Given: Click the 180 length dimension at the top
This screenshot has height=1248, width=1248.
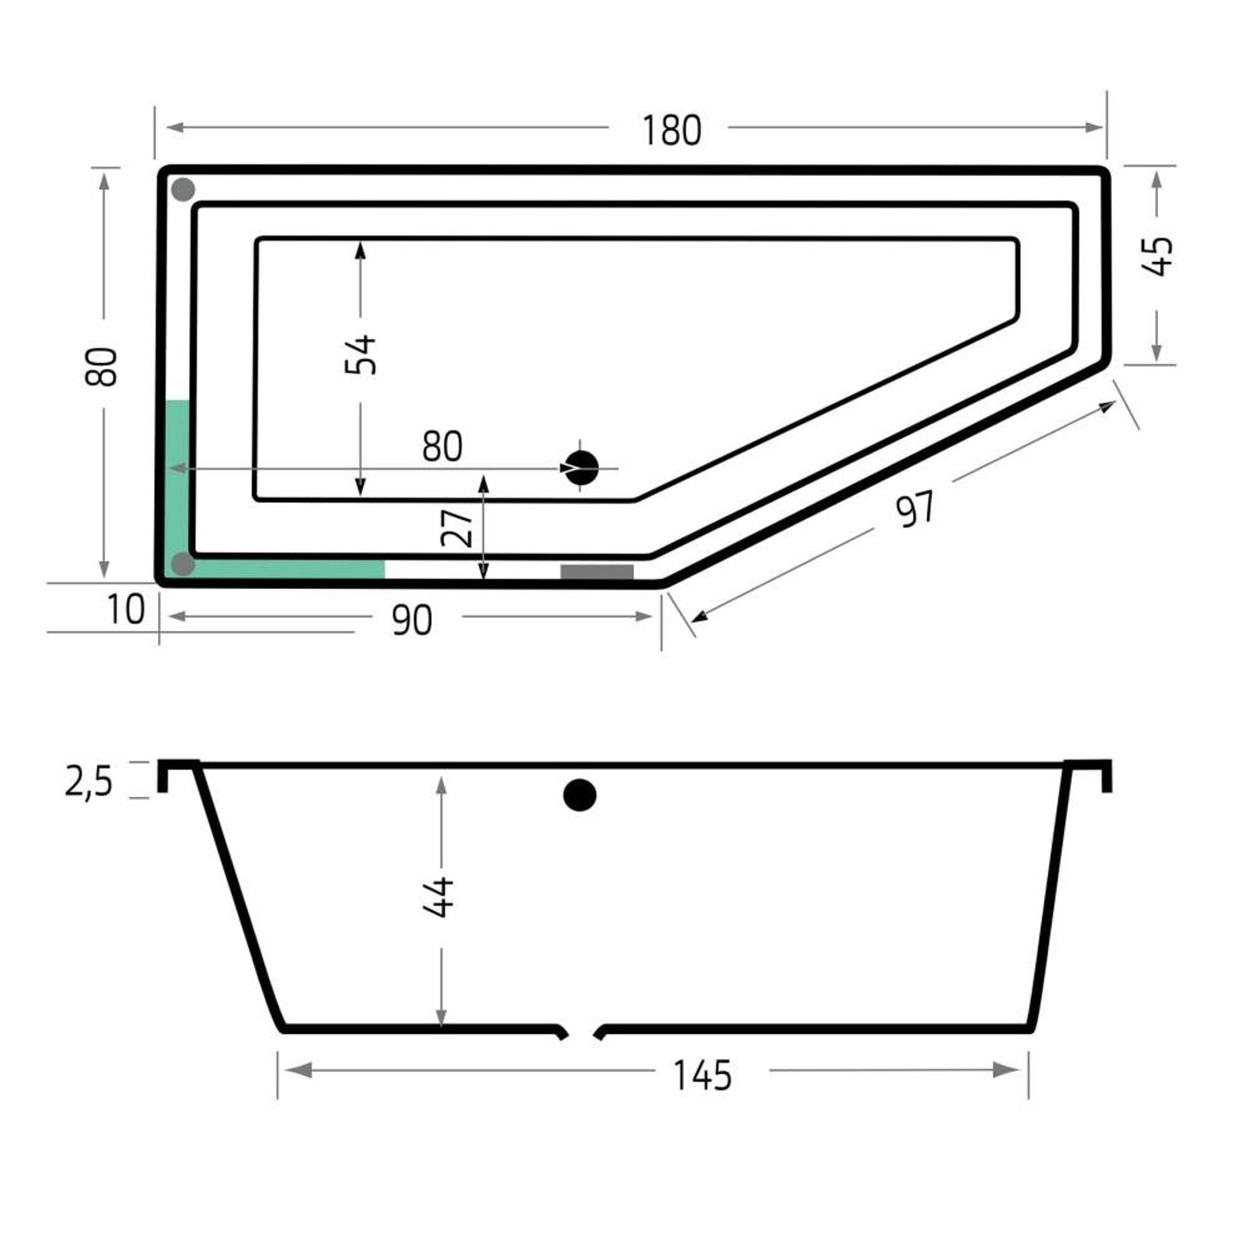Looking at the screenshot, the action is (x=671, y=130).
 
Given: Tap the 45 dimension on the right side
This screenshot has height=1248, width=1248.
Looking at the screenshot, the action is (x=1156, y=257).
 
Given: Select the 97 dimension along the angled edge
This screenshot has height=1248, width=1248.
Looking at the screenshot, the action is (x=915, y=509).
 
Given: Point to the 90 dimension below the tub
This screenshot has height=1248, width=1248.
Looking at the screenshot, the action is (x=412, y=621).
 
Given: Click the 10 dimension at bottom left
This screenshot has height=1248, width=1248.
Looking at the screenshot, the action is (x=126, y=609).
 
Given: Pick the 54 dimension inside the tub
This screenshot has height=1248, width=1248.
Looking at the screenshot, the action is (x=361, y=354).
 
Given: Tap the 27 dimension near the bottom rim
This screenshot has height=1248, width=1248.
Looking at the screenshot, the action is (x=457, y=528).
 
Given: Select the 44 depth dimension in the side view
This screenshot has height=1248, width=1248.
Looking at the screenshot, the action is (x=439, y=897).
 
